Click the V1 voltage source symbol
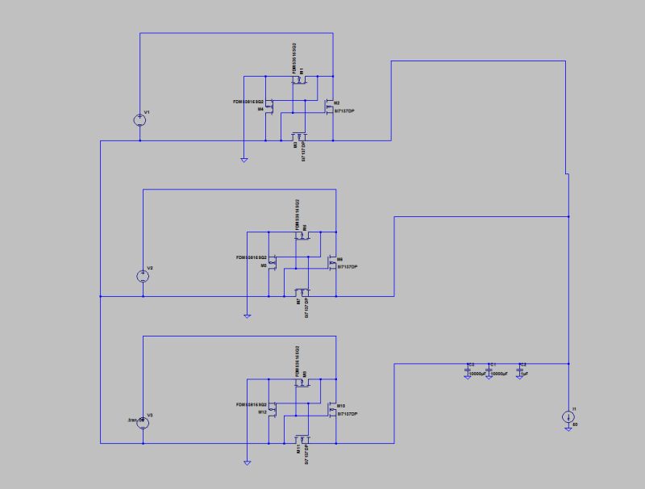(140, 120)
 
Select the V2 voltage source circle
(143, 276)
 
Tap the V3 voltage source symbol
(143, 422)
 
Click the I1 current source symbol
(568, 417)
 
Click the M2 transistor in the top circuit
(328, 106)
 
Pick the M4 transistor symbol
(270, 106)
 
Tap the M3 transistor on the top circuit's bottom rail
(299, 136)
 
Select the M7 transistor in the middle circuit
(302, 292)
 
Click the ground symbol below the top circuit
(243, 160)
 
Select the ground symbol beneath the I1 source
(568, 429)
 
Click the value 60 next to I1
(574, 424)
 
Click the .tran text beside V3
(133, 420)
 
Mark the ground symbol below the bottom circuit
(248, 463)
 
